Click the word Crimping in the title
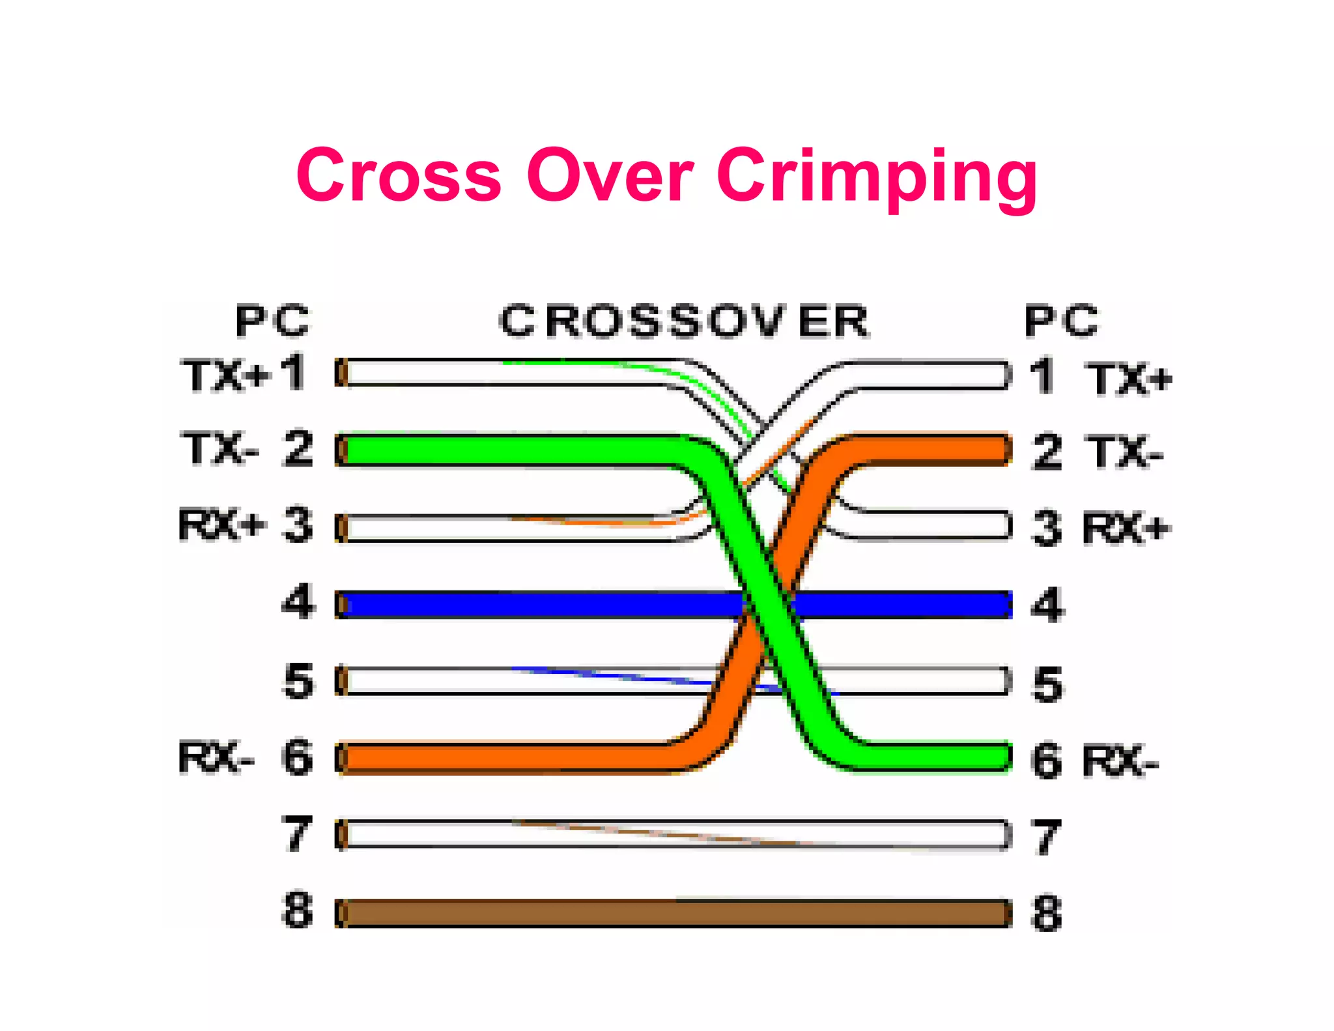pos(877,177)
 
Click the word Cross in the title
pos(399,175)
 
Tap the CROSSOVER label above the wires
pos(684,321)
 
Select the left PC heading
pos(273,321)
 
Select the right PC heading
pos(1062,321)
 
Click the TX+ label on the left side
pos(225,377)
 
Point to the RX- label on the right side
pos(1120,761)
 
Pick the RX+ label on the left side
pos(221,525)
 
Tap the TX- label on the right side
pos(1124,452)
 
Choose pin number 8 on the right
pos(1047,914)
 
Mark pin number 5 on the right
pos(1047,684)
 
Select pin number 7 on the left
pos(298,834)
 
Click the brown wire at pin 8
pos(674,913)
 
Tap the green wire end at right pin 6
pos(997,756)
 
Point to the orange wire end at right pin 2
pos(997,448)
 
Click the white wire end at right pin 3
pos(997,526)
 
